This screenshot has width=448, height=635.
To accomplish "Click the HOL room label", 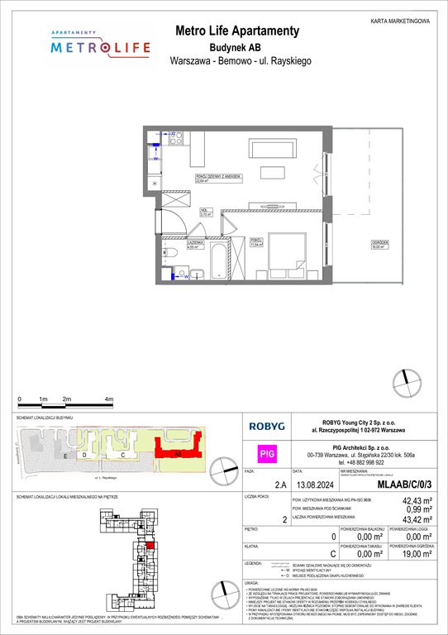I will (203, 212).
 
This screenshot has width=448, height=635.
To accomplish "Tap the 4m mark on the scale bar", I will (110, 399).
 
